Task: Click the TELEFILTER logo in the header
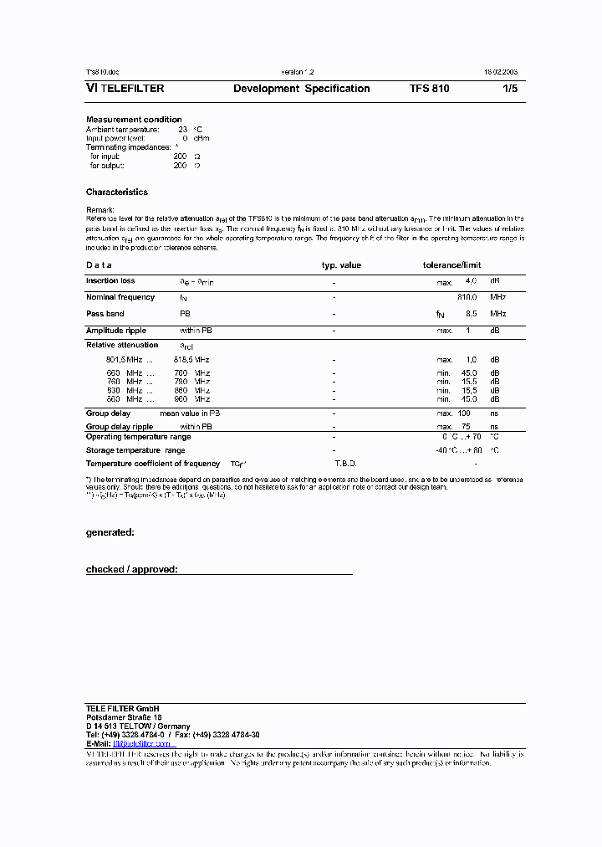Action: pos(125,89)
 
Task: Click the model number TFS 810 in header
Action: pos(429,89)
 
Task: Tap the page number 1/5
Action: pos(509,89)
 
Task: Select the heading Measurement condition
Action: pos(134,120)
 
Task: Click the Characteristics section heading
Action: pos(116,192)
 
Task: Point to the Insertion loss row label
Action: pos(110,281)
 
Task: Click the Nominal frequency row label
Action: pos(120,297)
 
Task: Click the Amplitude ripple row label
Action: pos(116,331)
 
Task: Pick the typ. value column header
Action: pos(341,265)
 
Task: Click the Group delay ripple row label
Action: pos(120,427)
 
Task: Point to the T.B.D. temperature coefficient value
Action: pos(345,463)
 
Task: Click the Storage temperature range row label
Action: pos(135,450)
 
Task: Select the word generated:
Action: pos(110,532)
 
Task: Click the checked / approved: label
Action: pos(131,569)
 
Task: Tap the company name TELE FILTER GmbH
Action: pos(122,709)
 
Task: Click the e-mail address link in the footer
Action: pos(143,744)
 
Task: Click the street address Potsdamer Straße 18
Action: pos(124,717)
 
